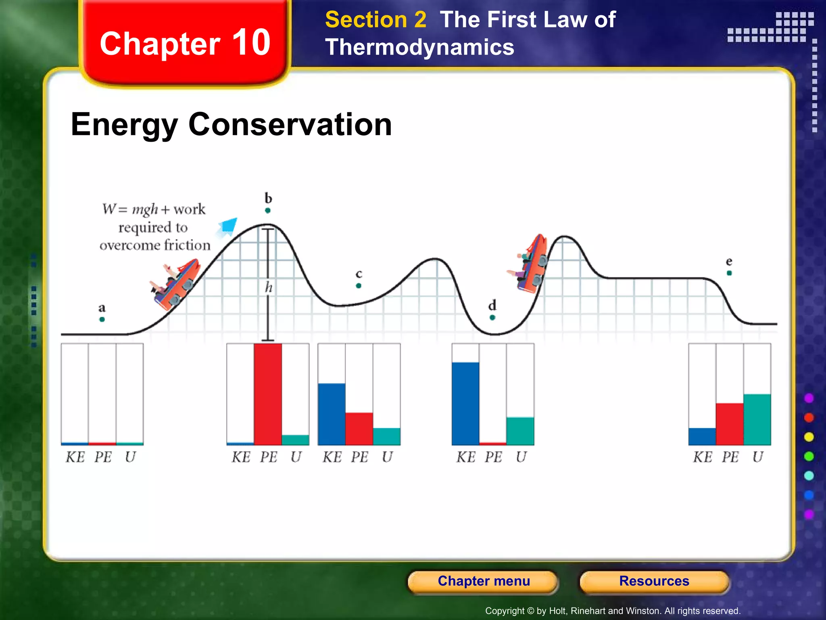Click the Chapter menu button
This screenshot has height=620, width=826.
483,581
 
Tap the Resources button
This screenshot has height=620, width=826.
654,581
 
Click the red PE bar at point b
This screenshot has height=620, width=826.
268,394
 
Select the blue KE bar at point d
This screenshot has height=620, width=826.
465,403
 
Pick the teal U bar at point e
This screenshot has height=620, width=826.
757,419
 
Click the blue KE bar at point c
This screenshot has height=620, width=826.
332,414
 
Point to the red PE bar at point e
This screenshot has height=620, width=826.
730,424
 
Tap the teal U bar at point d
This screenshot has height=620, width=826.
520,431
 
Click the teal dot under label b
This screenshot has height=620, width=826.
268,210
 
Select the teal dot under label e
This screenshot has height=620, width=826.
729,273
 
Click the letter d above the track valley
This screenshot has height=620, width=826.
492,305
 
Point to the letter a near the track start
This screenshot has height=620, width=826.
102,308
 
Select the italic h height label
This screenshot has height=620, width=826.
269,287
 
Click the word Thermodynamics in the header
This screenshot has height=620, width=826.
419,47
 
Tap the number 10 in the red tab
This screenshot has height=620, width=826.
251,42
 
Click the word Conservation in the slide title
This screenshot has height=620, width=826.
290,124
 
